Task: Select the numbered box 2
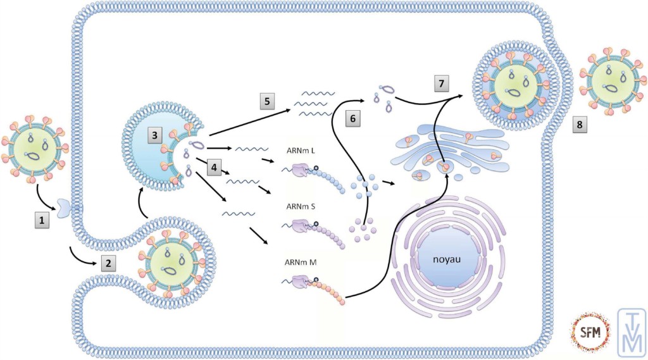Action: pyautogui.click(x=108, y=263)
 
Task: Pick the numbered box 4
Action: pyautogui.click(x=215, y=168)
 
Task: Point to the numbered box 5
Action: pyautogui.click(x=268, y=101)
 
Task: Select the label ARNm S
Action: pyautogui.click(x=297, y=206)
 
